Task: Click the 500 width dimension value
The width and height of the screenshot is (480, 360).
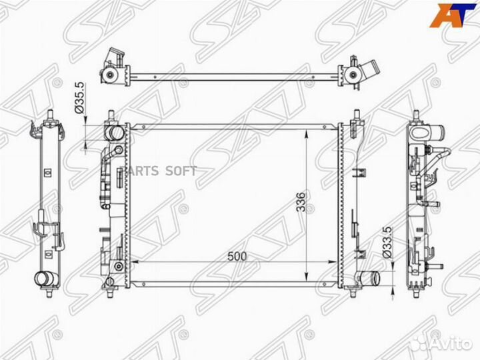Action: pyautogui.click(x=237, y=256)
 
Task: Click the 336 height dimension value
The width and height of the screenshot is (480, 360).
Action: pyautogui.click(x=301, y=202)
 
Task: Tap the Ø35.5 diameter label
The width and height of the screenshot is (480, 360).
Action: pyautogui.click(x=79, y=97)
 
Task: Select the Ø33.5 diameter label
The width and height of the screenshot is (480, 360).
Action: pyautogui.click(x=387, y=243)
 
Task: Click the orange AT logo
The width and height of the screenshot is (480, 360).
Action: pyautogui.click(x=453, y=15)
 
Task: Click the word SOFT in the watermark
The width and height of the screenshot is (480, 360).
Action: pyautogui.click(x=181, y=171)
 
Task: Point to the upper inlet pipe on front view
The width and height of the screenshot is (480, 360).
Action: pyautogui.click(x=115, y=133)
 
